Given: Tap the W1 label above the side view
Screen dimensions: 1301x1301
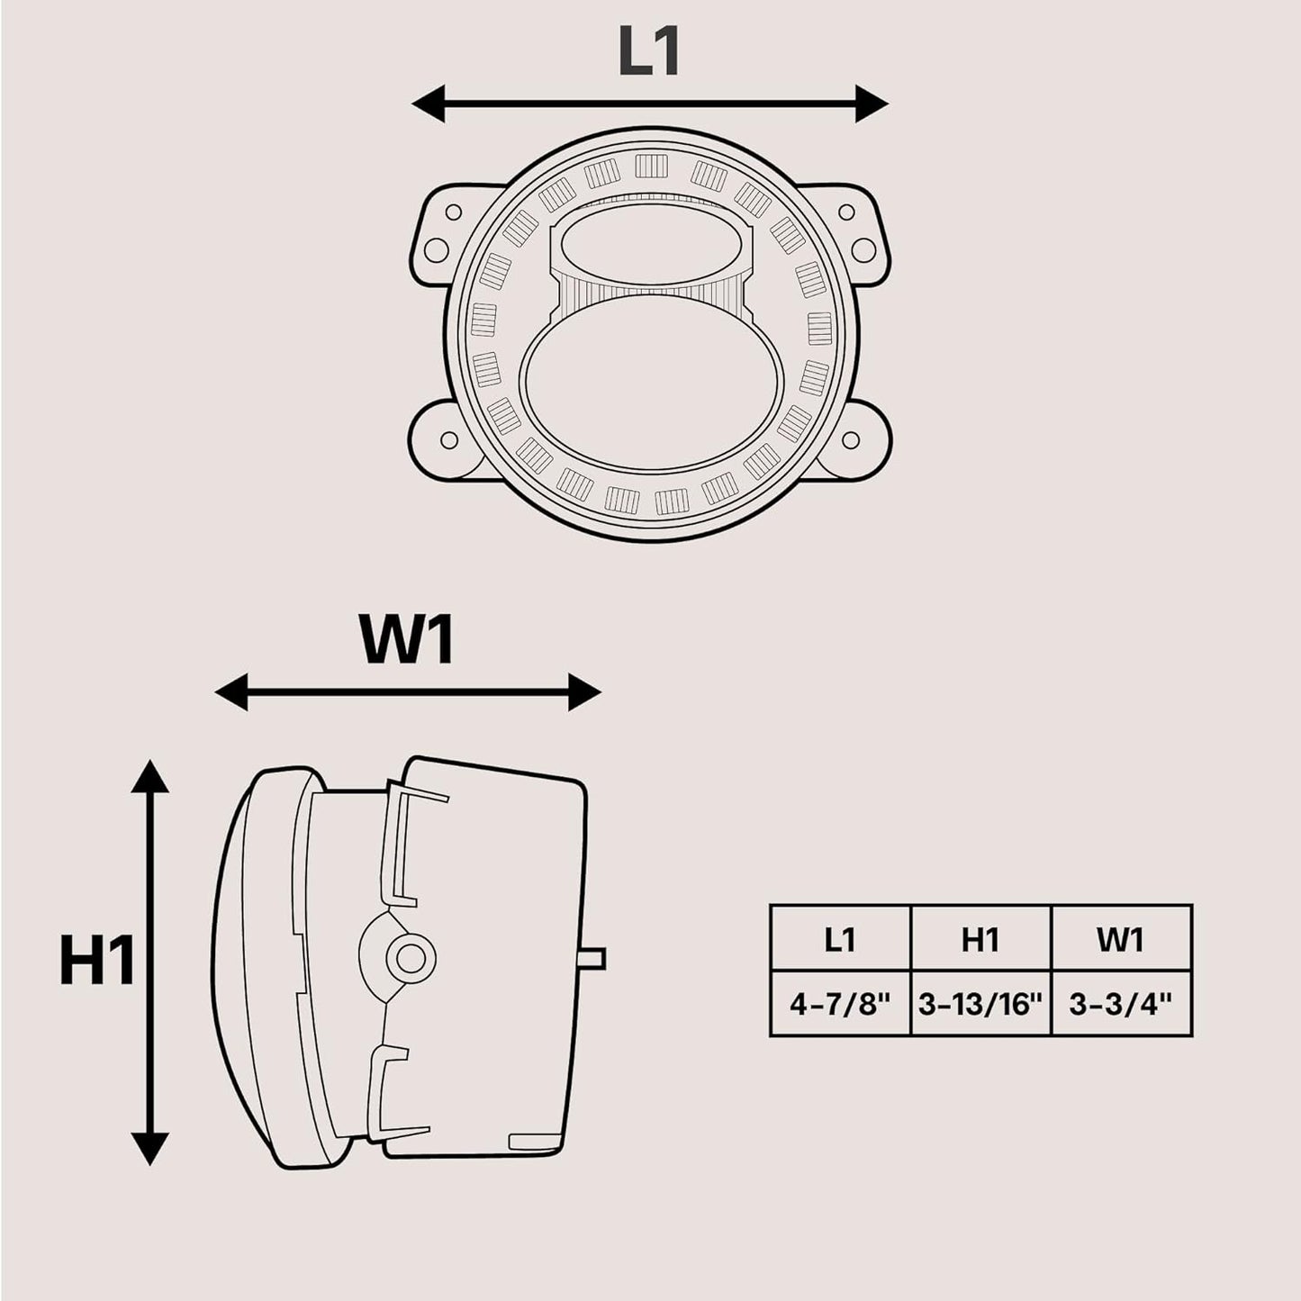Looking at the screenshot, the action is pyautogui.click(x=406, y=638).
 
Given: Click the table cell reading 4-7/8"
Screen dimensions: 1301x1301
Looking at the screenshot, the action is pyautogui.click(x=840, y=1005).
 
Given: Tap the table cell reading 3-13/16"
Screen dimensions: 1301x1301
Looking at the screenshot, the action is pyautogui.click(x=980, y=1005).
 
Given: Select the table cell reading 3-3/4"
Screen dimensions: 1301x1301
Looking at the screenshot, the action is pyautogui.click(x=1122, y=1005).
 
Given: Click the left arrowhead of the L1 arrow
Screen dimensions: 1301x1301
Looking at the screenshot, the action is pyautogui.click(x=428, y=104).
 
